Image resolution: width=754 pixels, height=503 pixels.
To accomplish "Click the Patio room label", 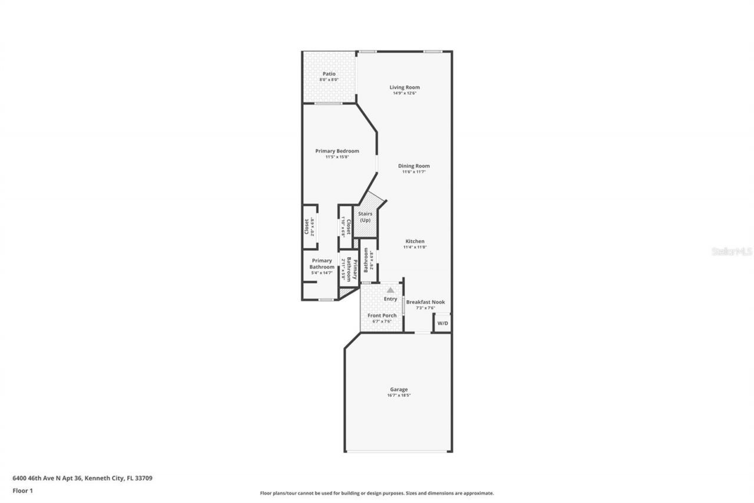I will tap(329, 74).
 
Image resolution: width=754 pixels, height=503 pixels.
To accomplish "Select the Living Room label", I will tap(405, 87).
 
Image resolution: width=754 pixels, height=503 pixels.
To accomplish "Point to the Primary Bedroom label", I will tap(337, 151).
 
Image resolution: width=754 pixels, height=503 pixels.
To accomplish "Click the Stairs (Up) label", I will tap(365, 216).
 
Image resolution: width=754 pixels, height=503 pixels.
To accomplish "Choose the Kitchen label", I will tap(415, 241).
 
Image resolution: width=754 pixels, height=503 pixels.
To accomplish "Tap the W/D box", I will tap(442, 323).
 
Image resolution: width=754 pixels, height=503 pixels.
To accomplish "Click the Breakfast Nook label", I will tap(425, 302).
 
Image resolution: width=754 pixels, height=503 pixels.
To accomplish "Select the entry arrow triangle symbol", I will tap(390, 290).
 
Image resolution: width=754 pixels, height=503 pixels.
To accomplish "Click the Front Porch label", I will tap(382, 315).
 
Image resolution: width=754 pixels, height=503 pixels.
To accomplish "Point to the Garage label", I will tap(399, 389).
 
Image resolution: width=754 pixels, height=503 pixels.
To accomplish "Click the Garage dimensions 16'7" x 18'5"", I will tap(399, 396).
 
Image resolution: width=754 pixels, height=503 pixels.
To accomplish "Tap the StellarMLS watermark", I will tap(732, 251).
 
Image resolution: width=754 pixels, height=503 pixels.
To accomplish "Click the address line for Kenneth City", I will tap(82, 478).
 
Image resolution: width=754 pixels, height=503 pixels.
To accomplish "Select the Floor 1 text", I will tap(23, 490).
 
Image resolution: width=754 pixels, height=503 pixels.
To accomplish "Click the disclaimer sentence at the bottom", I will tap(377, 493).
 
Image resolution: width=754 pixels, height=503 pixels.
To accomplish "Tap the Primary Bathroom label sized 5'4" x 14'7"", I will tap(322, 264).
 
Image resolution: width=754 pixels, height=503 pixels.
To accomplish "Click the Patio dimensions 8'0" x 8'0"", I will tap(329, 80).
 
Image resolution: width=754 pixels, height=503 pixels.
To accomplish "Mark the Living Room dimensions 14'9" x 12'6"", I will tap(405, 93).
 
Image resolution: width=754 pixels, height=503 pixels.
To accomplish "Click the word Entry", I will tap(391, 299).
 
